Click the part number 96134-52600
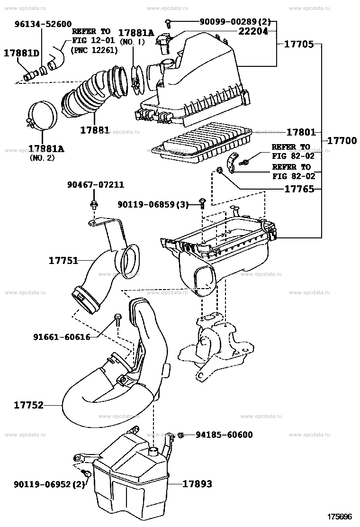click(x=43, y=24)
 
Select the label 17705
click(x=299, y=44)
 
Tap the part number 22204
click(x=253, y=31)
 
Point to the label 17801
click(x=301, y=132)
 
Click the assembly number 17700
click(x=342, y=140)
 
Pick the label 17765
click(x=299, y=189)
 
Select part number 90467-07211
click(x=96, y=184)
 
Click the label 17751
click(x=63, y=261)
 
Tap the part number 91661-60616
click(x=62, y=336)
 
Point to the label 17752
click(x=28, y=405)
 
